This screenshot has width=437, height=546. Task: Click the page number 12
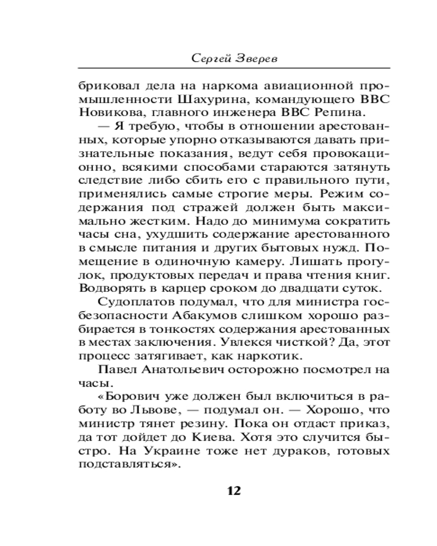point(233,490)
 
